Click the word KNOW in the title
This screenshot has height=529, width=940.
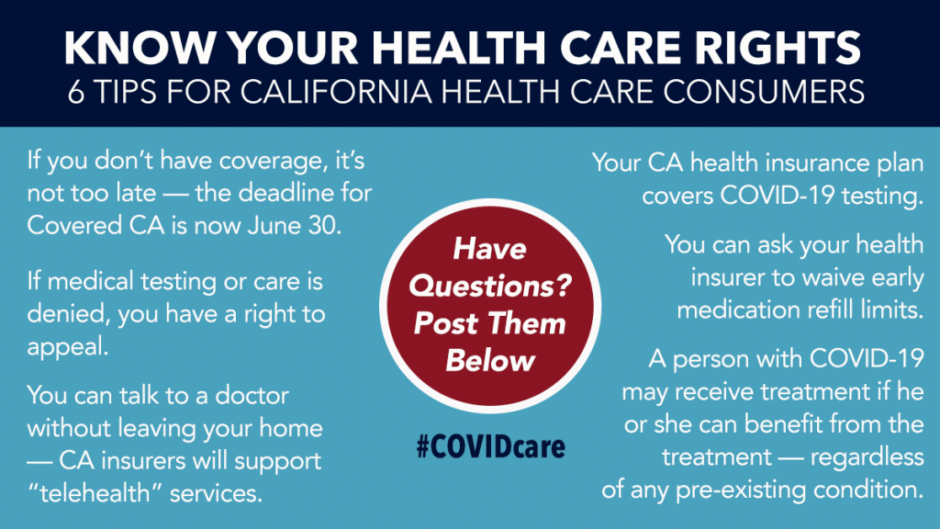tap(140, 47)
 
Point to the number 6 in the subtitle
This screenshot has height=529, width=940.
tap(75, 92)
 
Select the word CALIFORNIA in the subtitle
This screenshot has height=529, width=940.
tap(336, 92)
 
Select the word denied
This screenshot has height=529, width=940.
tap(68, 314)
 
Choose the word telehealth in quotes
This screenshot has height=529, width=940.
tap(95, 493)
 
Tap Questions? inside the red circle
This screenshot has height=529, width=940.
tap(490, 286)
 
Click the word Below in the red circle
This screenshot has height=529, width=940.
tap(490, 360)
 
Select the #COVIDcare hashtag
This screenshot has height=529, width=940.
tap(490, 447)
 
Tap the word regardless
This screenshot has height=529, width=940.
tap(867, 457)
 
